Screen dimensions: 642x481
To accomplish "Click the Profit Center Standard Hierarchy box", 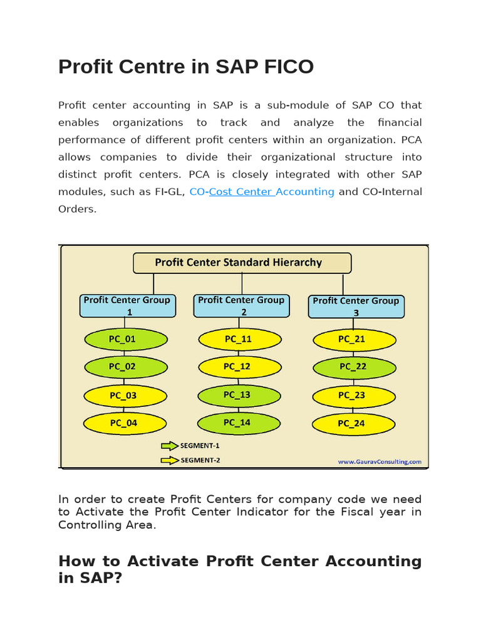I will coord(242,263).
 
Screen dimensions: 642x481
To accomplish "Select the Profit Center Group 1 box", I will coord(127,305).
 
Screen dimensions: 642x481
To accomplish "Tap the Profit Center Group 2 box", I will coord(242,305).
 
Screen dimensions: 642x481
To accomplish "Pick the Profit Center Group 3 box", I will coord(356,306).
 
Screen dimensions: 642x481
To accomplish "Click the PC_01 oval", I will coord(125,339).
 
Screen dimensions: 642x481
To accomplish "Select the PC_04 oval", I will coord(125,423).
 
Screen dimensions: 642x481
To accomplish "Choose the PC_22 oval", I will coord(354,366).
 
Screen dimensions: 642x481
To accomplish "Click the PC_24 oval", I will coord(354,423).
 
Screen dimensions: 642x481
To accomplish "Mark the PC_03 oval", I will coord(125,395).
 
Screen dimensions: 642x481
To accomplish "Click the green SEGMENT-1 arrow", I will coord(170,446).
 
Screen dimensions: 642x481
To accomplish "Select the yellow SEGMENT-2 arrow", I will coord(170,460).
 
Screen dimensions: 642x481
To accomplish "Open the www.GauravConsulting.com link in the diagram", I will coord(380,461).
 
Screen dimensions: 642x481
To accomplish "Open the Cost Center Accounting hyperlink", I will coord(271,192).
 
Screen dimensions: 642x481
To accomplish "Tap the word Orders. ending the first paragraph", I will coord(77,209).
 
